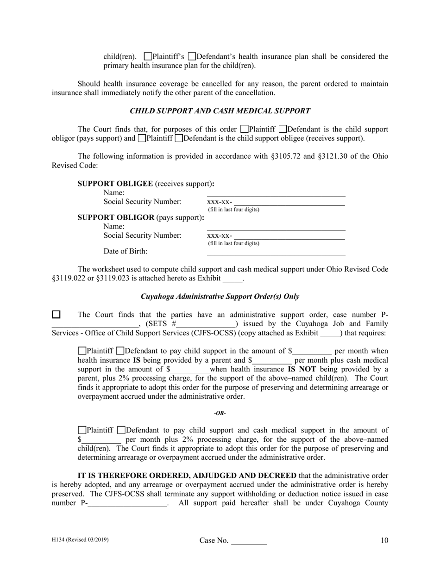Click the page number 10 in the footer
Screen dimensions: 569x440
[384, 540]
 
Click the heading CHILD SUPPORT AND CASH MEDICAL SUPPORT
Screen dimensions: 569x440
[220, 111]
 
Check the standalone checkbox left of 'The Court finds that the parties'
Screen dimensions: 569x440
[56, 315]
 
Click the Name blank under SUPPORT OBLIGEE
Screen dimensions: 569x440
[276, 194]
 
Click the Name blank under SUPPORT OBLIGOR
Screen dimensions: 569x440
[276, 228]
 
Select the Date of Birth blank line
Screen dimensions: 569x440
[276, 252]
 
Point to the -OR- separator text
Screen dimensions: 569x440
[220, 413]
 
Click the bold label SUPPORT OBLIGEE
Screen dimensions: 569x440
[115, 184]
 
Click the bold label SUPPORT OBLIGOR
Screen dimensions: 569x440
[116, 217]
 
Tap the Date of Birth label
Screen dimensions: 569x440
[126, 252]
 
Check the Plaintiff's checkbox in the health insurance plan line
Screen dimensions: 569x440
[148, 57]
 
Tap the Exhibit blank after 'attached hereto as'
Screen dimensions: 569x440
[233, 279]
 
